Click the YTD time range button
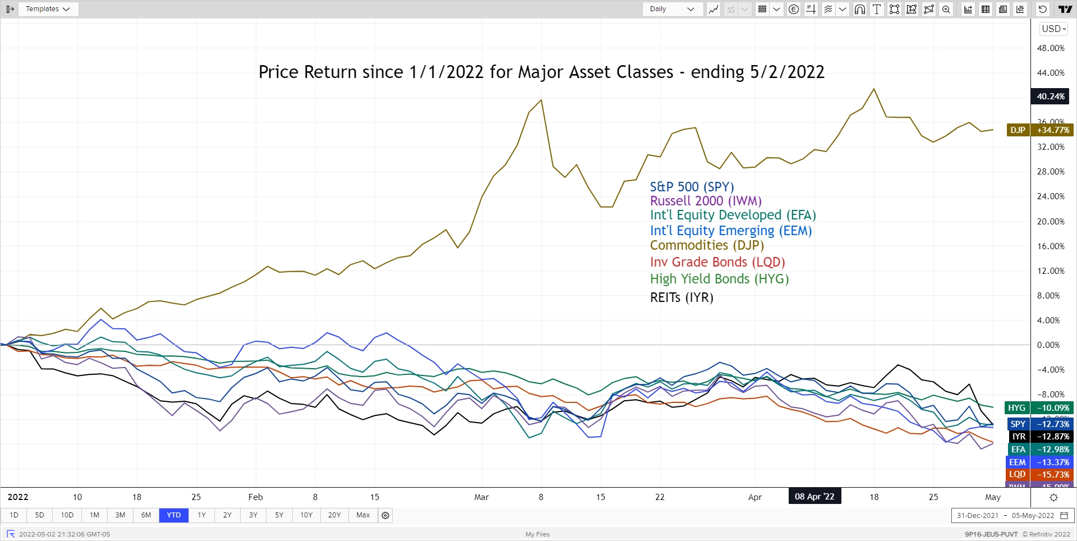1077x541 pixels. pyautogui.click(x=174, y=515)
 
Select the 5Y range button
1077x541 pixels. pyautogui.click(x=279, y=515)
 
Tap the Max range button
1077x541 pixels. pyautogui.click(x=363, y=515)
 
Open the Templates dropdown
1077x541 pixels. pyautogui.click(x=48, y=9)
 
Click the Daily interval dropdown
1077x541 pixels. pyautogui.click(x=672, y=9)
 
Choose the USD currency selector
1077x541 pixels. pyautogui.click(x=1053, y=29)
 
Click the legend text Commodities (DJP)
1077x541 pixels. pyautogui.click(x=707, y=245)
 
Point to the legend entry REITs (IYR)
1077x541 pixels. pyautogui.click(x=682, y=297)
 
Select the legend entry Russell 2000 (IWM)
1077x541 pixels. pyautogui.click(x=706, y=201)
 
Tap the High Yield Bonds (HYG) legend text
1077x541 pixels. pyautogui.click(x=719, y=279)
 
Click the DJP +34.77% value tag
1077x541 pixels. pyautogui.click(x=1041, y=130)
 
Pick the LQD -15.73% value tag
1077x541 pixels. pyautogui.click(x=1040, y=475)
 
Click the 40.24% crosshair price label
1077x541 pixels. pyautogui.click(x=1050, y=97)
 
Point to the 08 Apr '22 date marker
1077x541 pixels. pyautogui.click(x=814, y=497)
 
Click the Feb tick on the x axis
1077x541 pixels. pyautogui.click(x=255, y=497)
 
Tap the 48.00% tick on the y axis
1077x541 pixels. pyautogui.click(x=1051, y=48)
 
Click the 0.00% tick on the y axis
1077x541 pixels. pyautogui.click(x=1048, y=345)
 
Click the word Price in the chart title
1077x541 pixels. pyautogui.click(x=279, y=72)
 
